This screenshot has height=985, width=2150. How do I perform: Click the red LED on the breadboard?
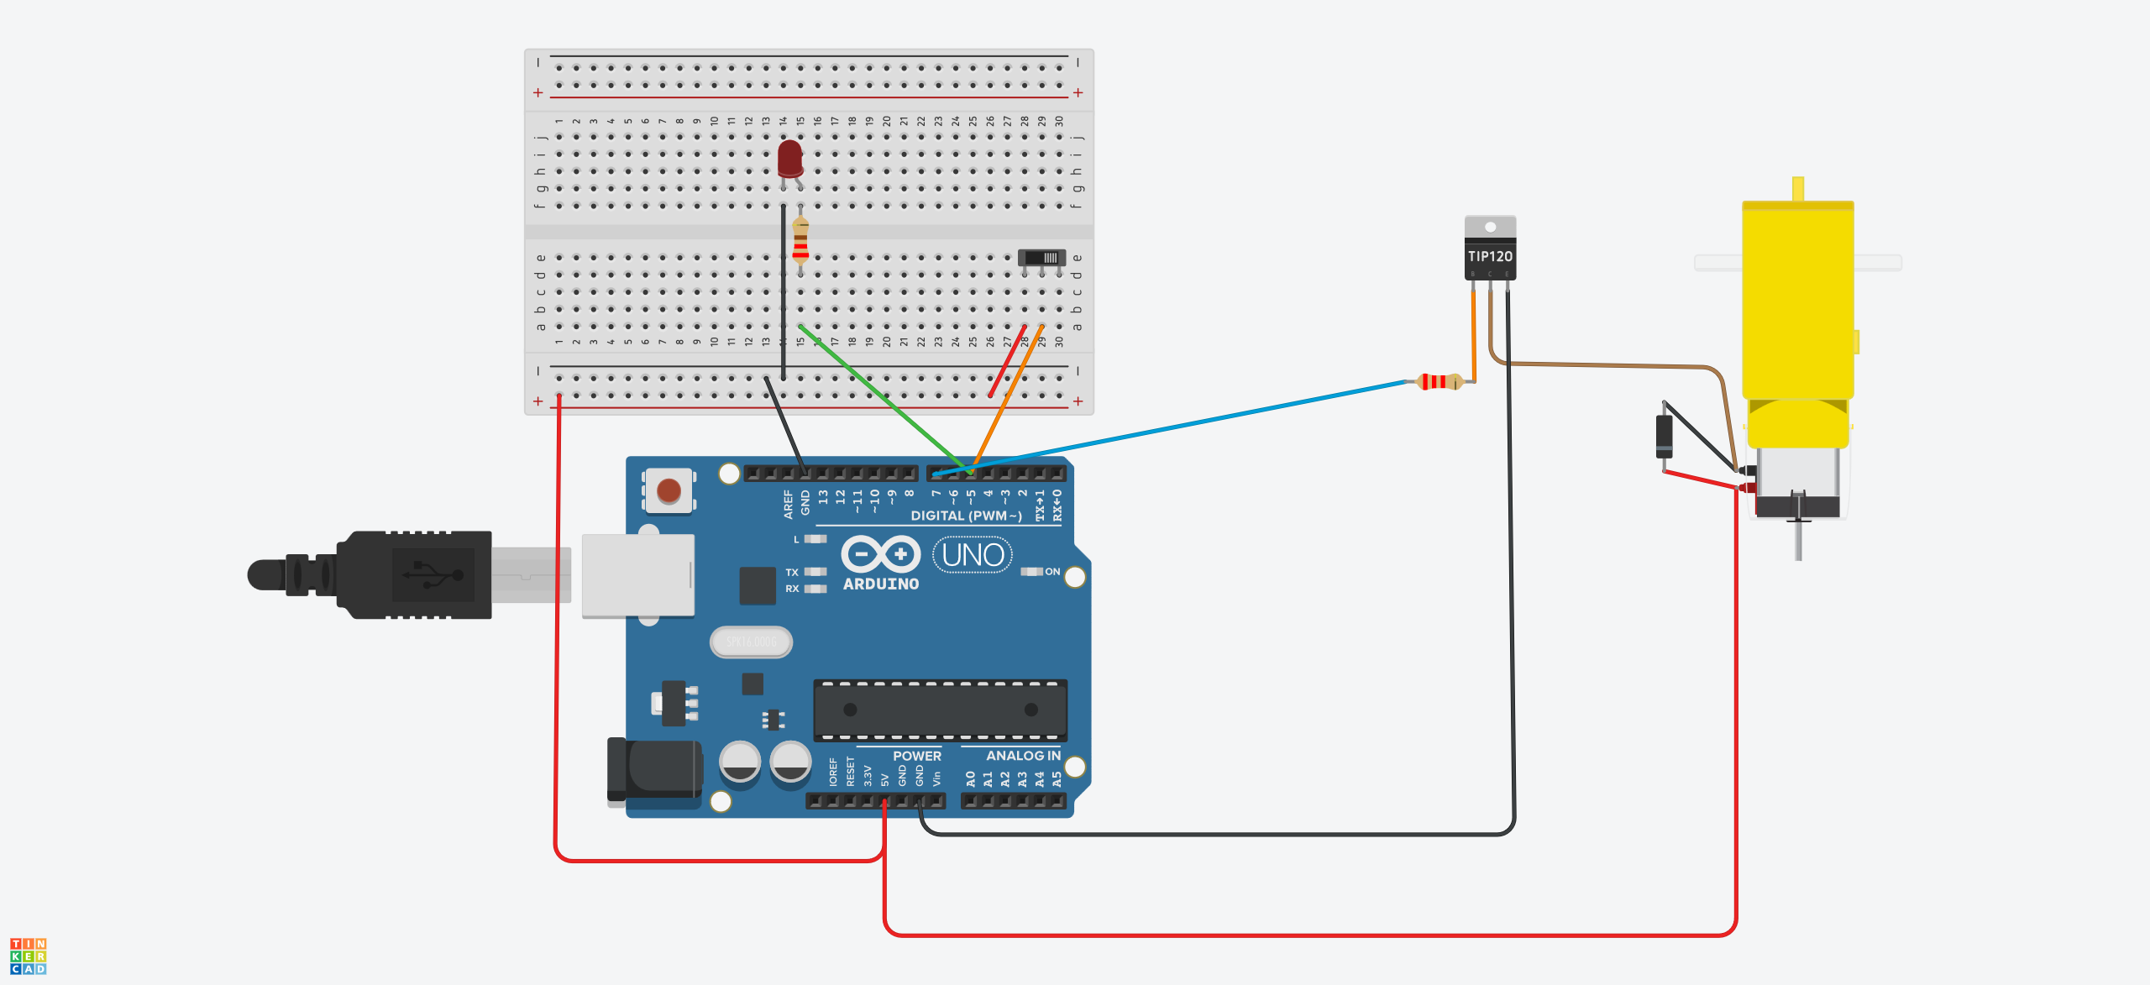point(789,158)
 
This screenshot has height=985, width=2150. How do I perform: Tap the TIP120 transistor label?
point(1490,256)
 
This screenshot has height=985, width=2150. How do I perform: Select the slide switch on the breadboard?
point(1041,258)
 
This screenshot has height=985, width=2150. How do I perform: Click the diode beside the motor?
point(1664,436)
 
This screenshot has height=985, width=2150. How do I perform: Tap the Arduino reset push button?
point(669,490)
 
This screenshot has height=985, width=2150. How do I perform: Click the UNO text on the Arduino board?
point(973,555)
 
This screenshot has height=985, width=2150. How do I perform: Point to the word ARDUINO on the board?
point(881,584)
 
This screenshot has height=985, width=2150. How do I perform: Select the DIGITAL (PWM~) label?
point(966,516)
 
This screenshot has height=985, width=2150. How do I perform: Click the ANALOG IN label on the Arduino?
point(1023,756)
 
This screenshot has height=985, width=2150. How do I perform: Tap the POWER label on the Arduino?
point(916,756)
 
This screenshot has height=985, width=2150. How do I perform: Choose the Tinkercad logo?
point(29,956)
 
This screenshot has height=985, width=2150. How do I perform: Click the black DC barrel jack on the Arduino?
point(655,769)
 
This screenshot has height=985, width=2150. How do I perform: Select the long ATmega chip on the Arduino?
point(940,710)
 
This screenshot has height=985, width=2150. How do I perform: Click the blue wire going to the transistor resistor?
point(1176,427)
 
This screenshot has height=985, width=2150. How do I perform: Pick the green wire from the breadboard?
point(882,395)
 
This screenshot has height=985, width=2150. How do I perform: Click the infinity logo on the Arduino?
point(881,554)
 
